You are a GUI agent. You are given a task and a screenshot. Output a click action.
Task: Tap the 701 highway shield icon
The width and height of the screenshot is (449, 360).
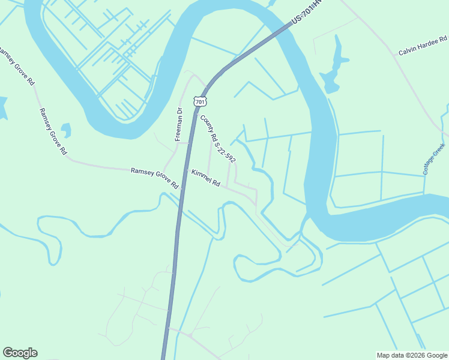pos(200,101)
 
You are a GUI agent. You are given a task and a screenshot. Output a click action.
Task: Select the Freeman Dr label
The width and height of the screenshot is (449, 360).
pos(178,124)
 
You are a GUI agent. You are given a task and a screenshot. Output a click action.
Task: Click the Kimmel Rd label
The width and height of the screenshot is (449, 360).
pos(206,178)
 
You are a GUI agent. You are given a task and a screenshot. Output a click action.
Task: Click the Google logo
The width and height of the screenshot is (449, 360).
pos(20,353)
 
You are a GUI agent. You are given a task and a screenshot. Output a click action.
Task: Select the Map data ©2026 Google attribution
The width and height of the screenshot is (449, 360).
pos(412,355)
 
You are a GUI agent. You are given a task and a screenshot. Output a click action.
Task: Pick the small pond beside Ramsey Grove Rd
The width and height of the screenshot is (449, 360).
pos(66,130)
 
